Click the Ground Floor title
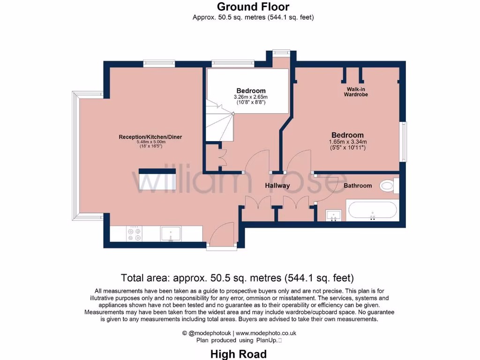pos(253,7)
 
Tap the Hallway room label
pos(277,186)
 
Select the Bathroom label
pos(358,186)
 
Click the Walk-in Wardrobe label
pos(356,92)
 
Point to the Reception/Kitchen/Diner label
pos(150,137)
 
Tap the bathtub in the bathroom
pos(373,210)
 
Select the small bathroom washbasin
pos(334,215)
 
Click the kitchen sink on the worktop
pos(171,234)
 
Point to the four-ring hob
pos(135,234)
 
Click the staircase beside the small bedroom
pos(219,122)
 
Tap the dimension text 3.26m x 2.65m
pos(251,97)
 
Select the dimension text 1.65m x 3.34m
pos(348,142)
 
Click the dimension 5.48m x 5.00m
pos(151,142)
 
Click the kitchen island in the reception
pos(157,179)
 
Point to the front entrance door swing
pos(222,233)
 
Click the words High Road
pos(239,354)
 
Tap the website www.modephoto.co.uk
pos(266,333)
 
